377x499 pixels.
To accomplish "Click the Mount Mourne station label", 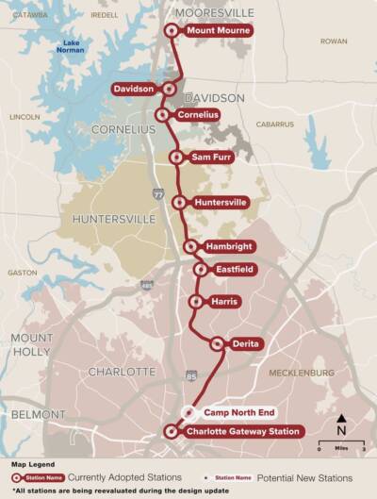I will (218, 30).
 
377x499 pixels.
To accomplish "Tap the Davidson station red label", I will (134, 89).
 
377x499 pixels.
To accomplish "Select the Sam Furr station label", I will (212, 158).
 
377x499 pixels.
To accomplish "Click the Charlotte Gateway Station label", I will (243, 432).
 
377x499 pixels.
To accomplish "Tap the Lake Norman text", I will (73, 47).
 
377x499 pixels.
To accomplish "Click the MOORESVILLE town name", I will (215, 12).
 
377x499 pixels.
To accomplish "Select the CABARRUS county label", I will (274, 124).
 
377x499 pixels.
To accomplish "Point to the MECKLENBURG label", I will (302, 373).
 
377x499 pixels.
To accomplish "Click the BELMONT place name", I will (38, 415).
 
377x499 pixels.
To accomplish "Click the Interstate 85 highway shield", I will (191, 376).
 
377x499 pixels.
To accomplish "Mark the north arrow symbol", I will (341, 422).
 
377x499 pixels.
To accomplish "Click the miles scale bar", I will (335, 442).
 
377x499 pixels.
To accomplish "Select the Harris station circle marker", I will (195, 302).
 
